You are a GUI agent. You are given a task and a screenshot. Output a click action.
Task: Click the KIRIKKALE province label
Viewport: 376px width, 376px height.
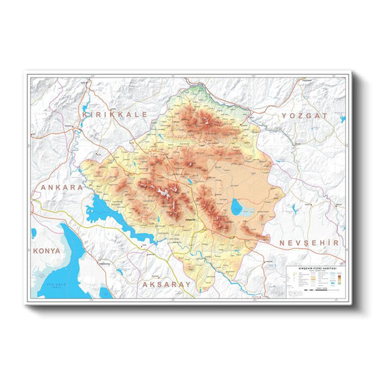115,113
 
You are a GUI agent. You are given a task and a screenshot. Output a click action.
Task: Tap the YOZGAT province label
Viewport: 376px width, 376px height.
305,114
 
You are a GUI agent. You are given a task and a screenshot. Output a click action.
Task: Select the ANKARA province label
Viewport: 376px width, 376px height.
62,188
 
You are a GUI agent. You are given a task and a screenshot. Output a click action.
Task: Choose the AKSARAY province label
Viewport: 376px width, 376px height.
166,284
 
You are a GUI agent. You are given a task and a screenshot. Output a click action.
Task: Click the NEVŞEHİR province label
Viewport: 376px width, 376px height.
310,243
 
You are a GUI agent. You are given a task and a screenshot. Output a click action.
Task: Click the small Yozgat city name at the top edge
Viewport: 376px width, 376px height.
305,80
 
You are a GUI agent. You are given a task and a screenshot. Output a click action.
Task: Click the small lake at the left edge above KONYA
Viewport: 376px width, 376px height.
33,233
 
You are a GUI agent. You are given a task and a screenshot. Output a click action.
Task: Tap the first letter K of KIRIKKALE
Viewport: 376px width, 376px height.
86,113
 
